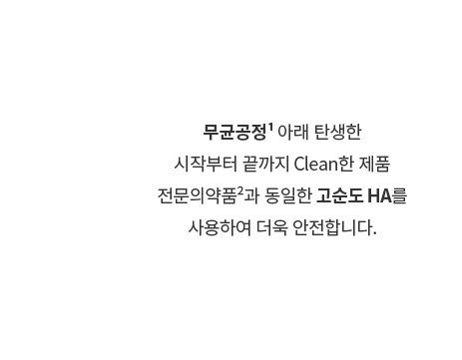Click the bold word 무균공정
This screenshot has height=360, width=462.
coord(234,132)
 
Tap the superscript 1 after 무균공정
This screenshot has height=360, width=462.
coord(270,128)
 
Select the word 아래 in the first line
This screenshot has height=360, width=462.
coord(293,132)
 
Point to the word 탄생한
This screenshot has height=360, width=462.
coord(337,132)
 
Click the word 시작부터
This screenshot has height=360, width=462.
coord(206,164)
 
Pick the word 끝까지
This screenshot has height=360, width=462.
coord(265,164)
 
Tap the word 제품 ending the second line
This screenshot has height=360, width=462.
coord(374,164)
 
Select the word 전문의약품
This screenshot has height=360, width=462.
coord(197,195)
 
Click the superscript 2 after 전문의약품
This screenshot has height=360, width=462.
coord(240,191)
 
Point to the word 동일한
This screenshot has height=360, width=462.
coord(288,195)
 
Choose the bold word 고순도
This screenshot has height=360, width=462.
coord(339,195)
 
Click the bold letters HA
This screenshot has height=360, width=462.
coord(380,195)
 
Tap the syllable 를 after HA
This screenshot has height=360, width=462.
coord(399,195)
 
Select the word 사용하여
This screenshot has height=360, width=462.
coord(220,228)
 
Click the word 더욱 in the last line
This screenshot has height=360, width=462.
coord(271,228)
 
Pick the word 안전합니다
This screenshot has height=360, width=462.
coord(332,228)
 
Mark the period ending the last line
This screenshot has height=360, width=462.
coord(375,233)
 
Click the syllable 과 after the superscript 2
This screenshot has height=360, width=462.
coord(251,195)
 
